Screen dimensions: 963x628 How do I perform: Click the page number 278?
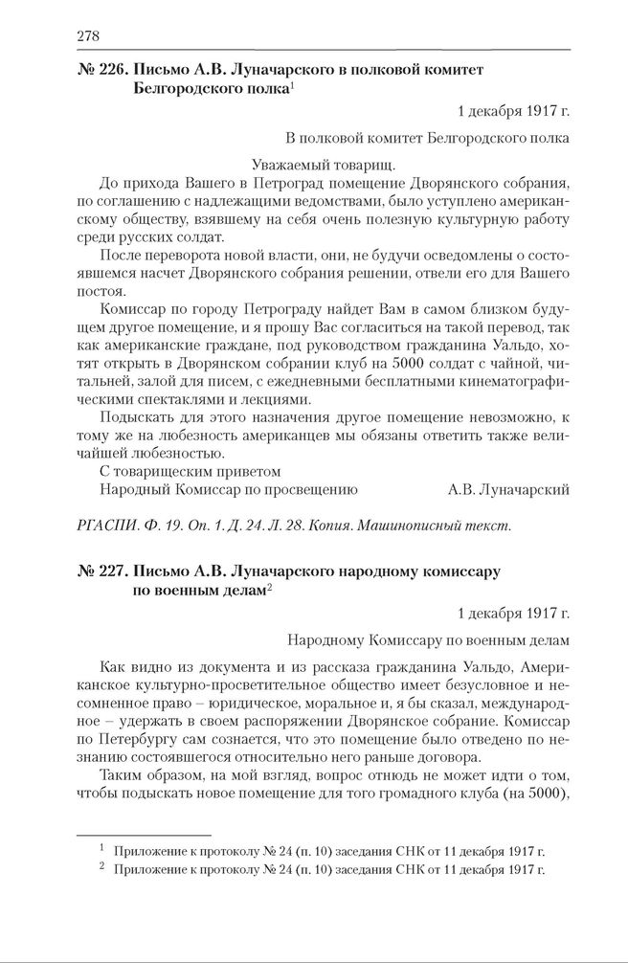pos(88,36)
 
